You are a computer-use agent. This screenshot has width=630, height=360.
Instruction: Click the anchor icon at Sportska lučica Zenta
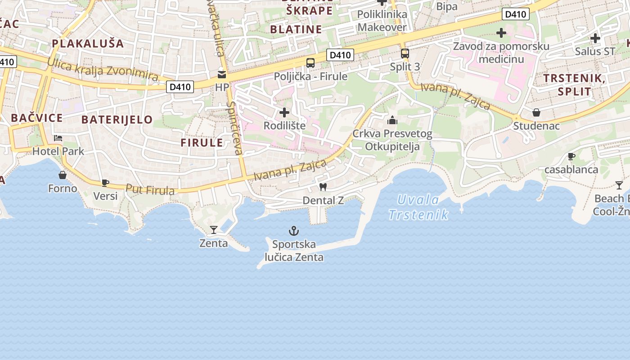pos(293,231)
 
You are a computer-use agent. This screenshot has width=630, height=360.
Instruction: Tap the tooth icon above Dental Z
pos(323,187)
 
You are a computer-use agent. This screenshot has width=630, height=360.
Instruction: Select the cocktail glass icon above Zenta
pos(214,230)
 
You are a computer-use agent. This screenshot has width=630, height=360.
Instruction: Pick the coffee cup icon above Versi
pos(105,183)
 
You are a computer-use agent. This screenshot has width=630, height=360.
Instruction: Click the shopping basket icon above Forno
pos(63,175)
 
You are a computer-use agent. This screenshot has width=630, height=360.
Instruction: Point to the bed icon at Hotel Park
pos(58,138)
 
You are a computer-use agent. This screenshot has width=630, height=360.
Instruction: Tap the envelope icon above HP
pos(222,74)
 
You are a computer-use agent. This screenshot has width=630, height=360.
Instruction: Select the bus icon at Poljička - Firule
pos(310,63)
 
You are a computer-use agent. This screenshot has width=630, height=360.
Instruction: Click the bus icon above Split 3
pos(405,54)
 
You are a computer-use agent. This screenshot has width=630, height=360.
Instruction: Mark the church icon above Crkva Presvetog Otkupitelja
pos(392,120)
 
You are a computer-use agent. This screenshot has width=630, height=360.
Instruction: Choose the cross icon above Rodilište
pos(284,112)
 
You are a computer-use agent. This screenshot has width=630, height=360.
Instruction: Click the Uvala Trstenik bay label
pos(418,207)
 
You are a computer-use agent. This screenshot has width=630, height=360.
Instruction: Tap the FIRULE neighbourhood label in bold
pos(202,143)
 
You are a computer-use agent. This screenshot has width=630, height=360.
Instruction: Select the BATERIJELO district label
pos(117,120)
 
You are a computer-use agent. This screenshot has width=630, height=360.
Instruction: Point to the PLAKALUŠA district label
pos(88,44)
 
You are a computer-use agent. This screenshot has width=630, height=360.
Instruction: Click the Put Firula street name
pos(150,190)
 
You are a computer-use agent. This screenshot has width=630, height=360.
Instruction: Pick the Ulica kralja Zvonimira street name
pos(103,70)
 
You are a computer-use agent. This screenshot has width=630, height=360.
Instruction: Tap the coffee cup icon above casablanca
pos(571,157)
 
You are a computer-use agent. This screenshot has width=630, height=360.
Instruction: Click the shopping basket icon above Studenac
pos(536,112)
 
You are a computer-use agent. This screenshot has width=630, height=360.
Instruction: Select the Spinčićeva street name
pos(235,128)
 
